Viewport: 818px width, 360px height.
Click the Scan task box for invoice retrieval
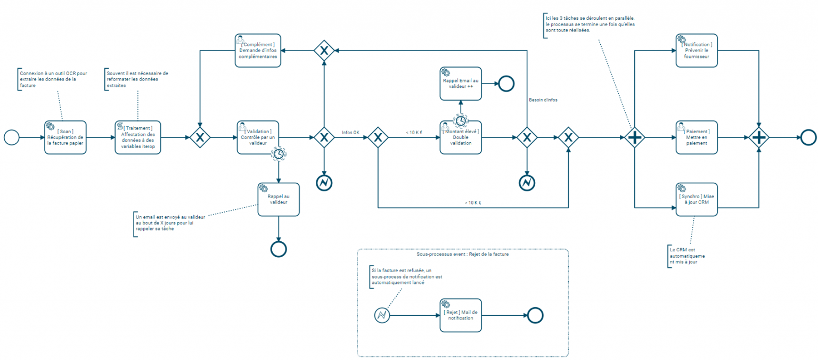pyautogui.click(x=65, y=137)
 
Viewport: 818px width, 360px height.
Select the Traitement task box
pyautogui.click(x=137, y=137)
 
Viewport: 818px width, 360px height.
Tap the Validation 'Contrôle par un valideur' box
pyautogui.click(x=258, y=137)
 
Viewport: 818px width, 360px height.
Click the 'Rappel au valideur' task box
pyautogui.click(x=278, y=199)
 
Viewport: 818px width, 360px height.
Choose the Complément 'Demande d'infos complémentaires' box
pyautogui.click(x=258, y=51)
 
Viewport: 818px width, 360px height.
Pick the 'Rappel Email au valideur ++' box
pyautogui.click(x=460, y=84)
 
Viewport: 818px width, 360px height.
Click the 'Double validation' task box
pyautogui.click(x=460, y=137)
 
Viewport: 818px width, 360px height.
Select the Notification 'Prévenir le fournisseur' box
pyautogui.click(x=697, y=51)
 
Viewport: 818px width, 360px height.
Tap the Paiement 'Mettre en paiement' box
pyautogui.click(x=697, y=137)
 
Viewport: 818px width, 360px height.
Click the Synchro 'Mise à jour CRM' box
pyautogui.click(x=697, y=199)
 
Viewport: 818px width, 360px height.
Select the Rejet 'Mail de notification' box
pyautogui.click(x=460, y=315)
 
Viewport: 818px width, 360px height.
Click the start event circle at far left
pyautogui.click(x=11, y=137)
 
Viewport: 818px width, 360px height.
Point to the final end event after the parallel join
pyautogui.click(x=808, y=137)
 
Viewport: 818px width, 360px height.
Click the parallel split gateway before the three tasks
pyautogui.click(x=634, y=137)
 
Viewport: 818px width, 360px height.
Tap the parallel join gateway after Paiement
pyautogui.click(x=758, y=137)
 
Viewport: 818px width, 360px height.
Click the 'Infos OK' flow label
pyautogui.click(x=351, y=132)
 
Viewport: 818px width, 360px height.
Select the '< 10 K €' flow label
pyautogui.click(x=413, y=132)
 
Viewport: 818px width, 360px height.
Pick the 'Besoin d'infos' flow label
pyautogui.click(x=543, y=100)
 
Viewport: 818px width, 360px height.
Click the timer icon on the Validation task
pyautogui.click(x=278, y=154)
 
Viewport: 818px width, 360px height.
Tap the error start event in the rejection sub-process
pyautogui.click(x=382, y=315)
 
